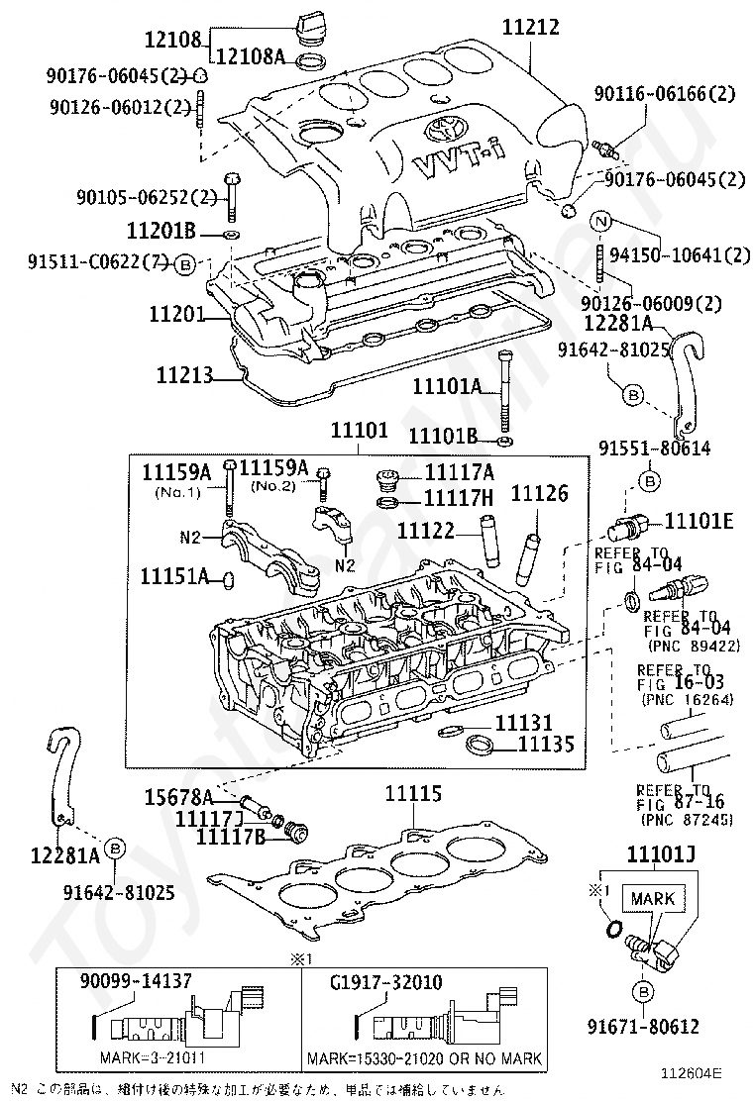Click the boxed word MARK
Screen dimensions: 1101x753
click(651, 899)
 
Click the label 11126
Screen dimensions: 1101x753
click(540, 492)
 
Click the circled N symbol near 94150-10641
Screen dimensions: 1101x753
click(600, 222)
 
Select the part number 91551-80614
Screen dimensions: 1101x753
click(654, 448)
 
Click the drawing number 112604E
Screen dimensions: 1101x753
click(694, 1070)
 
